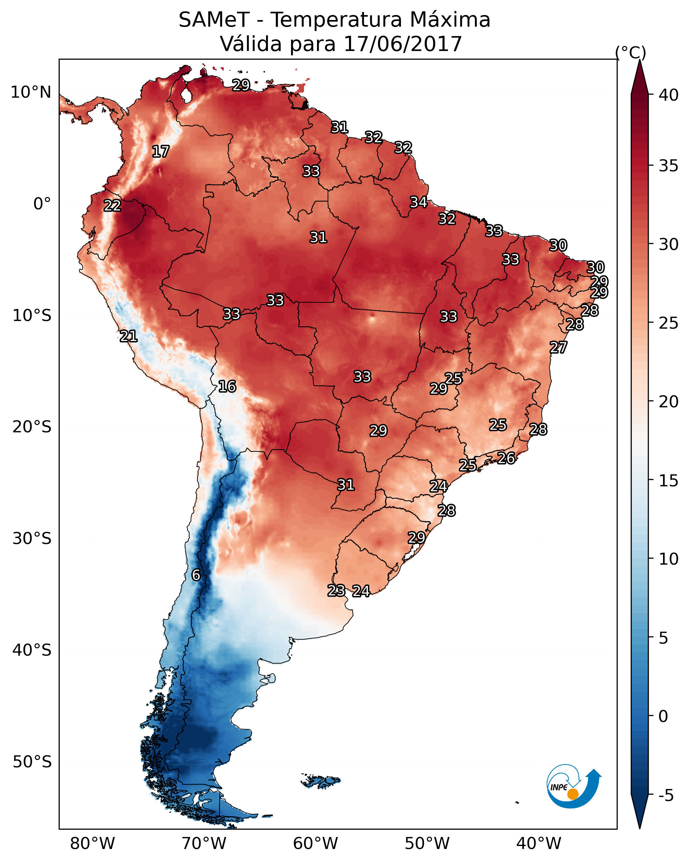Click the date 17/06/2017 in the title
click(403, 44)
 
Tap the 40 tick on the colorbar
click(669, 95)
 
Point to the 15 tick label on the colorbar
click(669, 481)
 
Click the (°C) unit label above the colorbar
click(631, 52)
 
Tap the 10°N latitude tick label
click(31, 92)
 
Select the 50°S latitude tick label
click(32, 762)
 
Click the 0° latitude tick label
click(42, 204)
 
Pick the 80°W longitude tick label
click(92, 844)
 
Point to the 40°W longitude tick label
click(539, 844)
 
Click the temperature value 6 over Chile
click(196, 575)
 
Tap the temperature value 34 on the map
click(419, 202)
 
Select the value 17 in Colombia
click(161, 152)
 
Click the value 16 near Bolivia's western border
click(227, 386)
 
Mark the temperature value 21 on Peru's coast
click(128, 336)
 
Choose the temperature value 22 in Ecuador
click(112, 206)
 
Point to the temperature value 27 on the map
click(558, 347)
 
